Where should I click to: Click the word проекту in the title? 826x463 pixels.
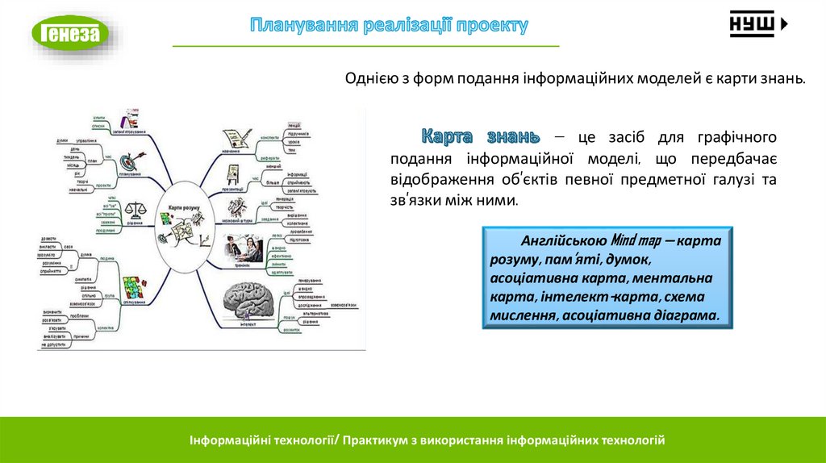coord(491,25)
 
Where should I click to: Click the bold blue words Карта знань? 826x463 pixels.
coord(481,134)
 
